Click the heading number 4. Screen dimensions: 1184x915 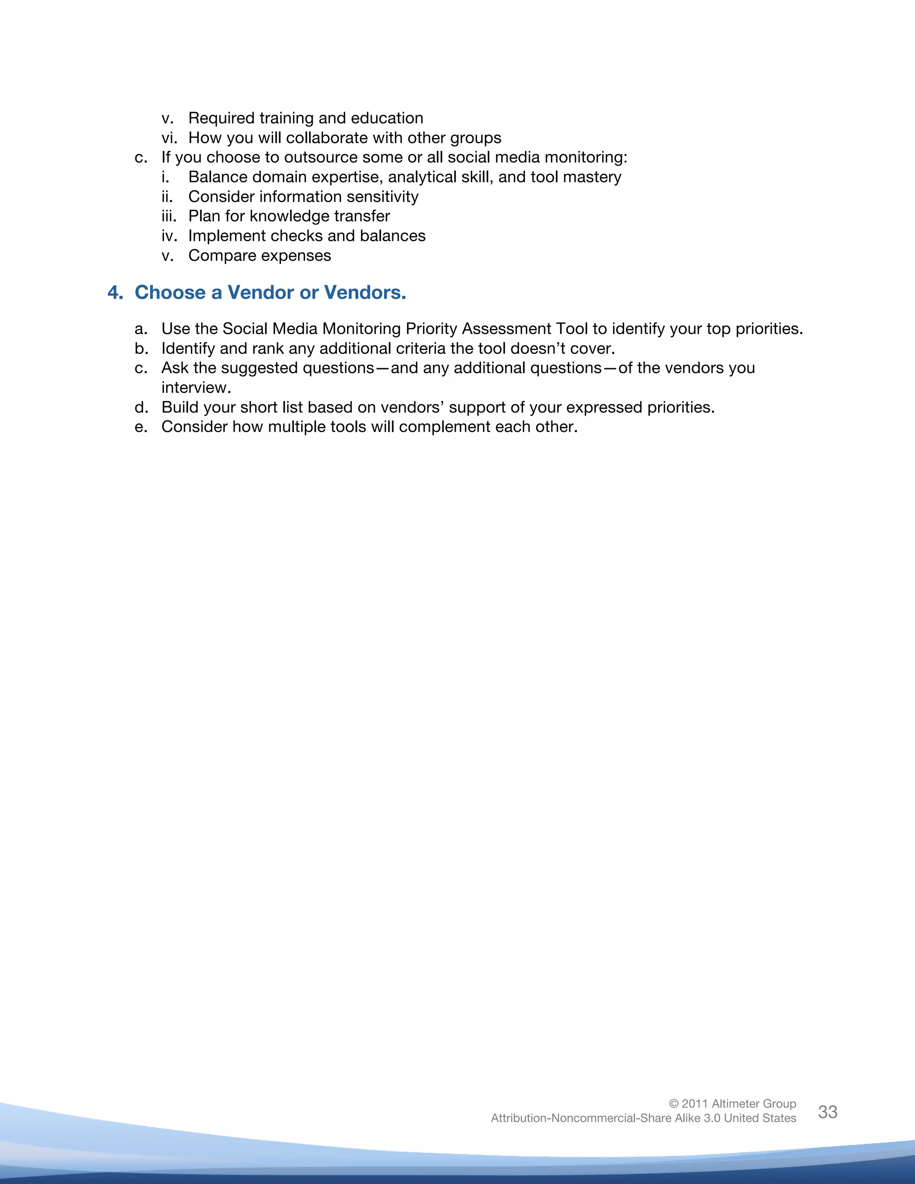click(114, 293)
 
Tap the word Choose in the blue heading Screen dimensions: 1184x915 click(170, 293)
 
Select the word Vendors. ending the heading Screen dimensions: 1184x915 click(365, 293)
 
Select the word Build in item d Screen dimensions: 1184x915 click(179, 407)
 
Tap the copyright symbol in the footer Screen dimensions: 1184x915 click(674, 1104)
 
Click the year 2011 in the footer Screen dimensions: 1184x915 click(694, 1104)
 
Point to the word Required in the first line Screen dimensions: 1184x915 click(221, 118)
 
